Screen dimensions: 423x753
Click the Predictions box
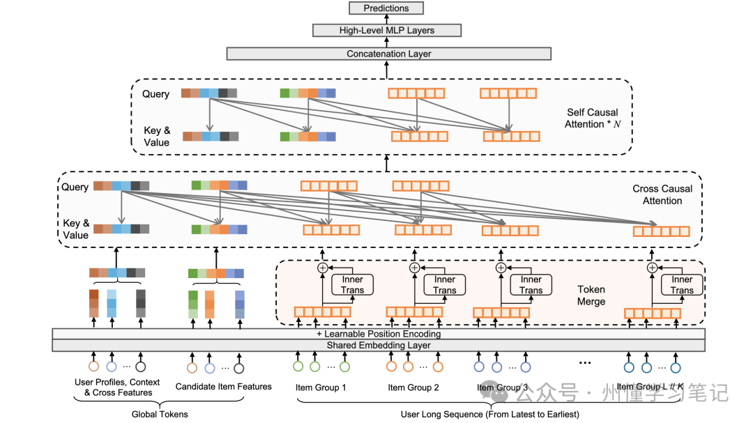[x=386, y=8]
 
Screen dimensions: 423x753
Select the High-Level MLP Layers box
[x=386, y=30]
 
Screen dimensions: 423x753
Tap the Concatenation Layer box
[x=388, y=54]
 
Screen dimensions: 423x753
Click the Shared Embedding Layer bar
[x=378, y=346]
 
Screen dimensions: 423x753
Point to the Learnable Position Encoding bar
[x=378, y=334]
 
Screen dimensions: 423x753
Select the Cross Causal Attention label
[x=662, y=194]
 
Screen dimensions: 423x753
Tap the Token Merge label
[x=591, y=295]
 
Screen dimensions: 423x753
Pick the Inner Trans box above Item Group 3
[x=531, y=284]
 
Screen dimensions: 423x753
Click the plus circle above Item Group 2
[x=414, y=267]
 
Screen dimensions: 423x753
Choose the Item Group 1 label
[x=321, y=387]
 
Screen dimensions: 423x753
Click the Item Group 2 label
[x=413, y=387]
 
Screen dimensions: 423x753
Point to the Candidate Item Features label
[x=223, y=387]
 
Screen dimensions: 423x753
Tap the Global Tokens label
[x=160, y=414]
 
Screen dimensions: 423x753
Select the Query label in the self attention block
[x=155, y=94]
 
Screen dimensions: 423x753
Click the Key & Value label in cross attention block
[x=76, y=229]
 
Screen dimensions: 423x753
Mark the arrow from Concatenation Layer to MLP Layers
[x=386, y=42]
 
